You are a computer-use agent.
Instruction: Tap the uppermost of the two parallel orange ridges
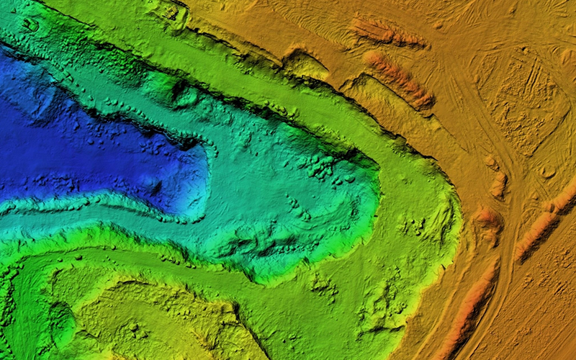pos(385,32)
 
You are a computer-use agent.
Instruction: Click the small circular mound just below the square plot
pos(547,172)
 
